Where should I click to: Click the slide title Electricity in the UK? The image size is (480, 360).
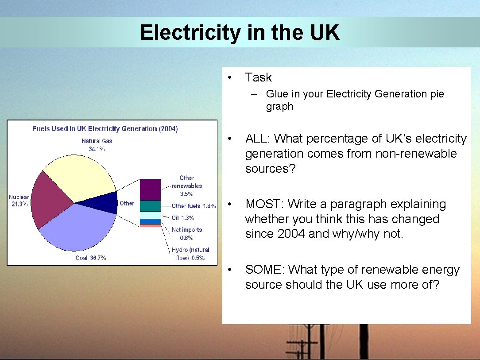(240, 33)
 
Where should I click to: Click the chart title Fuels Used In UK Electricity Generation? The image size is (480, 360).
(105, 129)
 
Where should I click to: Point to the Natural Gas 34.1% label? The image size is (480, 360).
(97, 145)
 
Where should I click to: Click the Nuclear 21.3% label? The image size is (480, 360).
(19, 201)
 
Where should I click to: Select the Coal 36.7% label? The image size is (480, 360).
(90, 258)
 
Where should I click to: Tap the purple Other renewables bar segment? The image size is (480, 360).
(150, 190)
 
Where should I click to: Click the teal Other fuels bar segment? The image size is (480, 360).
(150, 206)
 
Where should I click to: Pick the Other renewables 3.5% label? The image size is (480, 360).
(186, 186)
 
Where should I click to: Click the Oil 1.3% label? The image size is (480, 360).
(183, 218)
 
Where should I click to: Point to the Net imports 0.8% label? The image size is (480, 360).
(186, 233)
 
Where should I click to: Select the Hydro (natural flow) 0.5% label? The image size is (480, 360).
(190, 254)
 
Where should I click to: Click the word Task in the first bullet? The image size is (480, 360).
(258, 77)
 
